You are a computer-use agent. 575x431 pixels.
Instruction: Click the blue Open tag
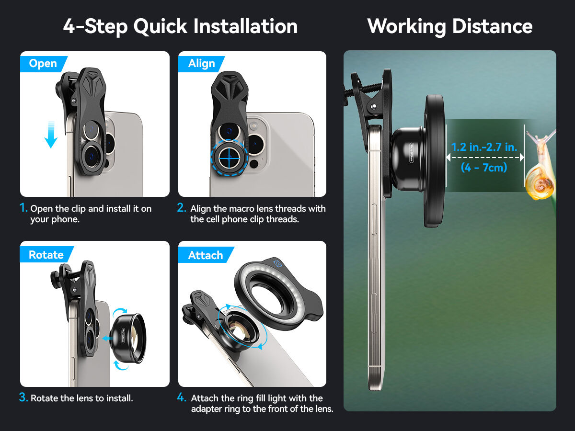(x=43, y=64)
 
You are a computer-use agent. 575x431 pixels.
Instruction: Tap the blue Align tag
(x=201, y=64)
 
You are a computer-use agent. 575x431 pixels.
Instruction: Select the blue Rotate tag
(x=46, y=254)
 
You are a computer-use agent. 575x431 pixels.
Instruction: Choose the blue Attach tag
(x=206, y=255)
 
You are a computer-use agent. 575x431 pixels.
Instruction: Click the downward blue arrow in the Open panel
(x=51, y=135)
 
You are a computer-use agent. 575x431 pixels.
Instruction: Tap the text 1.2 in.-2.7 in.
(x=484, y=147)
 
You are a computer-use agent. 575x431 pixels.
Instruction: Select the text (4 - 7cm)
(x=484, y=168)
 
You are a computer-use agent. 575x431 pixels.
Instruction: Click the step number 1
(x=23, y=208)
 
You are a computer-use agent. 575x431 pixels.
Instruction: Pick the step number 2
(x=181, y=208)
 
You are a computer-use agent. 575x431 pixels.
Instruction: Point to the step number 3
(x=23, y=397)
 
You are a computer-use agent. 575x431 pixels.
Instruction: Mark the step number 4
(x=182, y=397)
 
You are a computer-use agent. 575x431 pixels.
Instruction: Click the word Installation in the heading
(x=245, y=26)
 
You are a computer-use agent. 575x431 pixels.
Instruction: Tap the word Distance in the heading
(x=493, y=26)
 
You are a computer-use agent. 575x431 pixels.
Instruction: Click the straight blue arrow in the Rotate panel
(x=107, y=339)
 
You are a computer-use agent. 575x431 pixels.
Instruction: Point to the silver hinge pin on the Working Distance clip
(x=374, y=106)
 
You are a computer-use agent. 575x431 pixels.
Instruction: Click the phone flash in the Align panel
(x=253, y=126)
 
